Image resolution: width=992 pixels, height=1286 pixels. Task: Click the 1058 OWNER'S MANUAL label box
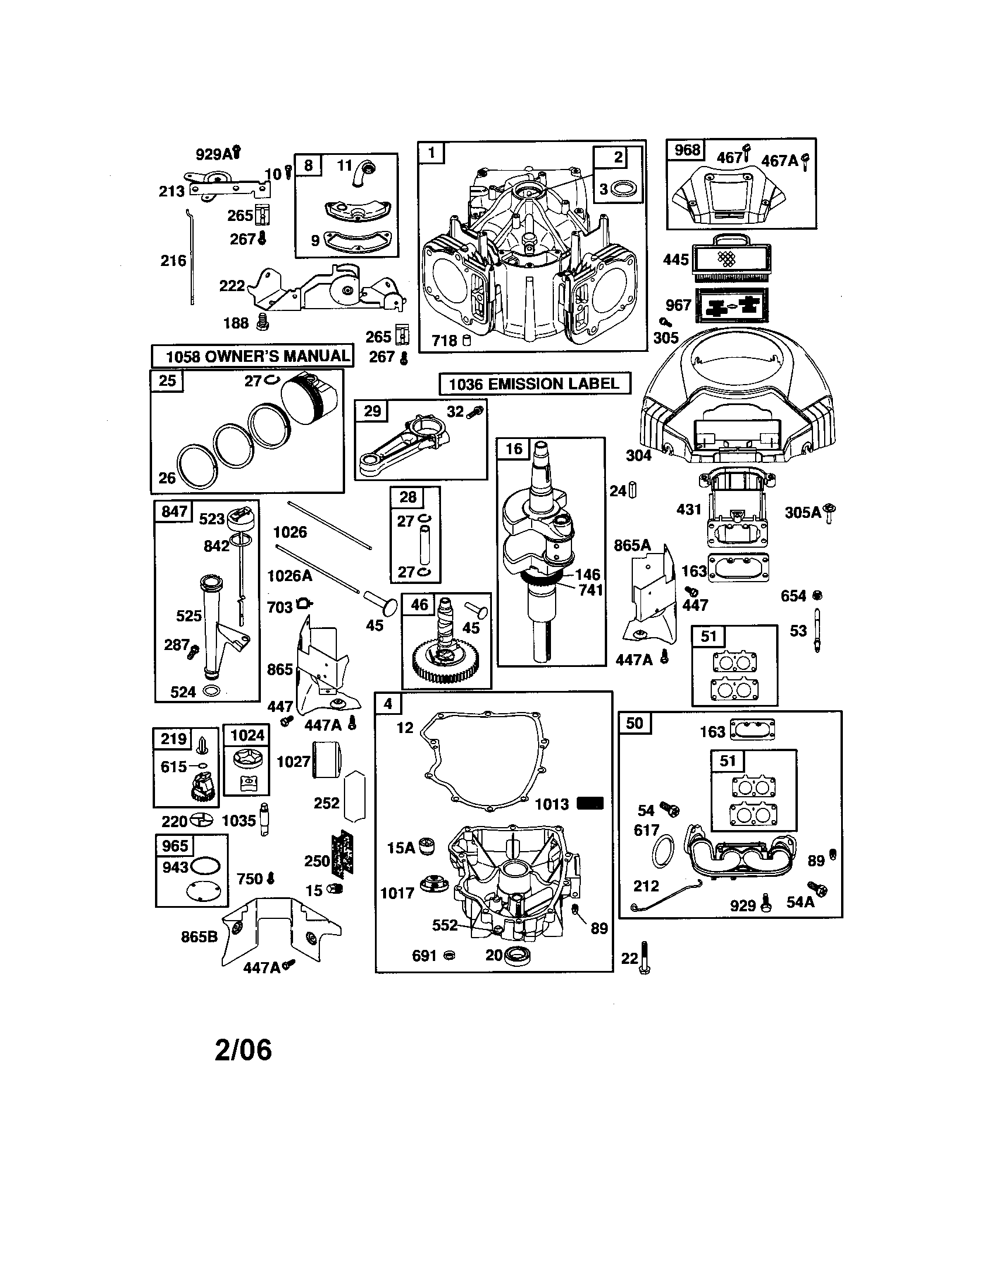tap(253, 356)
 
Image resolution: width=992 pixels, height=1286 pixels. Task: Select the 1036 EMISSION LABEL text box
tap(534, 384)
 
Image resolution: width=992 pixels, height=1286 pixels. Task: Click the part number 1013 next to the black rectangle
tap(552, 804)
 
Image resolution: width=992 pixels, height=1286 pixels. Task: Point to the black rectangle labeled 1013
tap(590, 803)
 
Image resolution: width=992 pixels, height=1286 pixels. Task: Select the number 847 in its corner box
tap(174, 511)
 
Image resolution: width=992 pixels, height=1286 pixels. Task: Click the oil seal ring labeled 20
tap(517, 955)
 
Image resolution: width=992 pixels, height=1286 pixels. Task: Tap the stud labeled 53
tap(818, 630)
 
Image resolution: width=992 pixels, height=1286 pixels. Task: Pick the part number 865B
tap(199, 936)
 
